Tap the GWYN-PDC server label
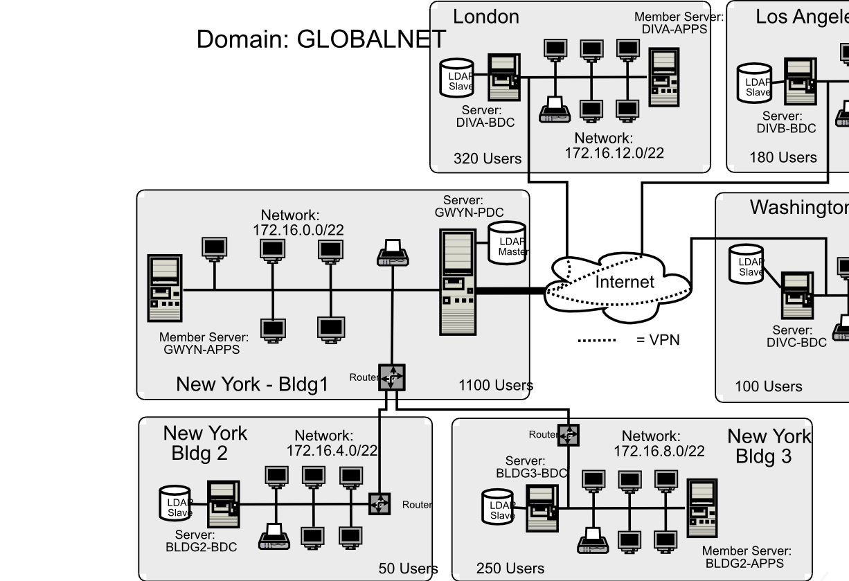469,207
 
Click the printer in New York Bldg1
393,253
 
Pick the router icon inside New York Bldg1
391,377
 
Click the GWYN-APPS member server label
203,343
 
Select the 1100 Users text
495,386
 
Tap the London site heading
485,17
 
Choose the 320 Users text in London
487,159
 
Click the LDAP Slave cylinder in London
457,78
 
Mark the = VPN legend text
658,340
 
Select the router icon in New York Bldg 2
379,503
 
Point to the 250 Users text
510,569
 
